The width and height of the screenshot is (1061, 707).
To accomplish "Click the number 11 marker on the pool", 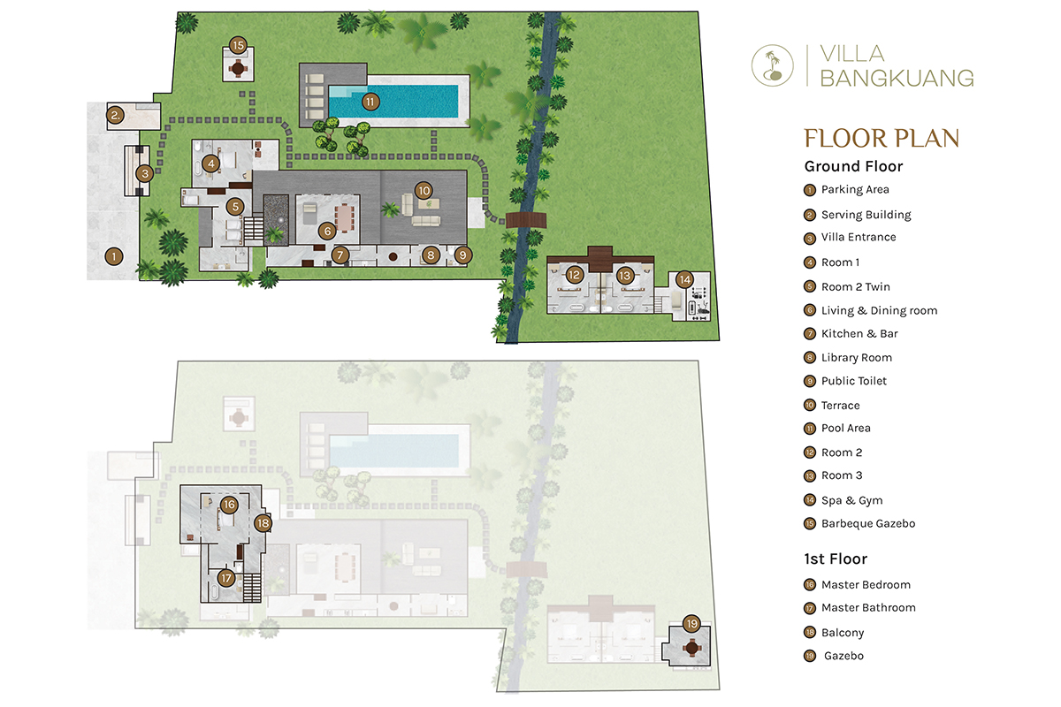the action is coord(370,102).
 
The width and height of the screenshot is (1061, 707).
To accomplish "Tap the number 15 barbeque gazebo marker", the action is coord(238,45).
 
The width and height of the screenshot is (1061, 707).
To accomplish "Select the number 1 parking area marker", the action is coord(114,256).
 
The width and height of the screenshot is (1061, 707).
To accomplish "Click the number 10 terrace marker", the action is coord(424,191).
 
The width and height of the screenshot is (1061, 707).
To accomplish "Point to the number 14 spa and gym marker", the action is coord(685,280).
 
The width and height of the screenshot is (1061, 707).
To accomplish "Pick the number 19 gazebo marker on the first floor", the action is coord(691,624).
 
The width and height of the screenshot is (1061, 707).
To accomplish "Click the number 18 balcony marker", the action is coord(263,523).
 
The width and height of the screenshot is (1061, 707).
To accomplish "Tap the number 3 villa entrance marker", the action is coord(145,174).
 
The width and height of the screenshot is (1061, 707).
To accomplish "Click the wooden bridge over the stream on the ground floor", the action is coord(526,221).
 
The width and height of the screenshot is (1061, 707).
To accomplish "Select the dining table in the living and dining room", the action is coord(345,218).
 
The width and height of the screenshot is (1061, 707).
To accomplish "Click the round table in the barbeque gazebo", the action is coord(238,69).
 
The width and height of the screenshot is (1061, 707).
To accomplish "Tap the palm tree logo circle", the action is coord(773,65).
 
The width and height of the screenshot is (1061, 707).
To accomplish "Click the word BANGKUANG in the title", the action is coord(897,78).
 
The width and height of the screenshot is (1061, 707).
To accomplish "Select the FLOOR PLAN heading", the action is coord(882,138).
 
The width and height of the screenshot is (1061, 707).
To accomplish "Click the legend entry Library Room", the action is coord(857,358).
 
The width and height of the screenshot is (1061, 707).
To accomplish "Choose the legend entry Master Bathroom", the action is coord(868,607).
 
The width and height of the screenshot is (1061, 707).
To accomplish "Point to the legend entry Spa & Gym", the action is coord(851,500).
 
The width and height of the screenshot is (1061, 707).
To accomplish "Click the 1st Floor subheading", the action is coord(836,559).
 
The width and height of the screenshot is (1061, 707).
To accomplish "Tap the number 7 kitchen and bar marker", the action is coord(340,255).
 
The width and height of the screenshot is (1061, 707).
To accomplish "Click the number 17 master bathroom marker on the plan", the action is coord(226,578).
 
